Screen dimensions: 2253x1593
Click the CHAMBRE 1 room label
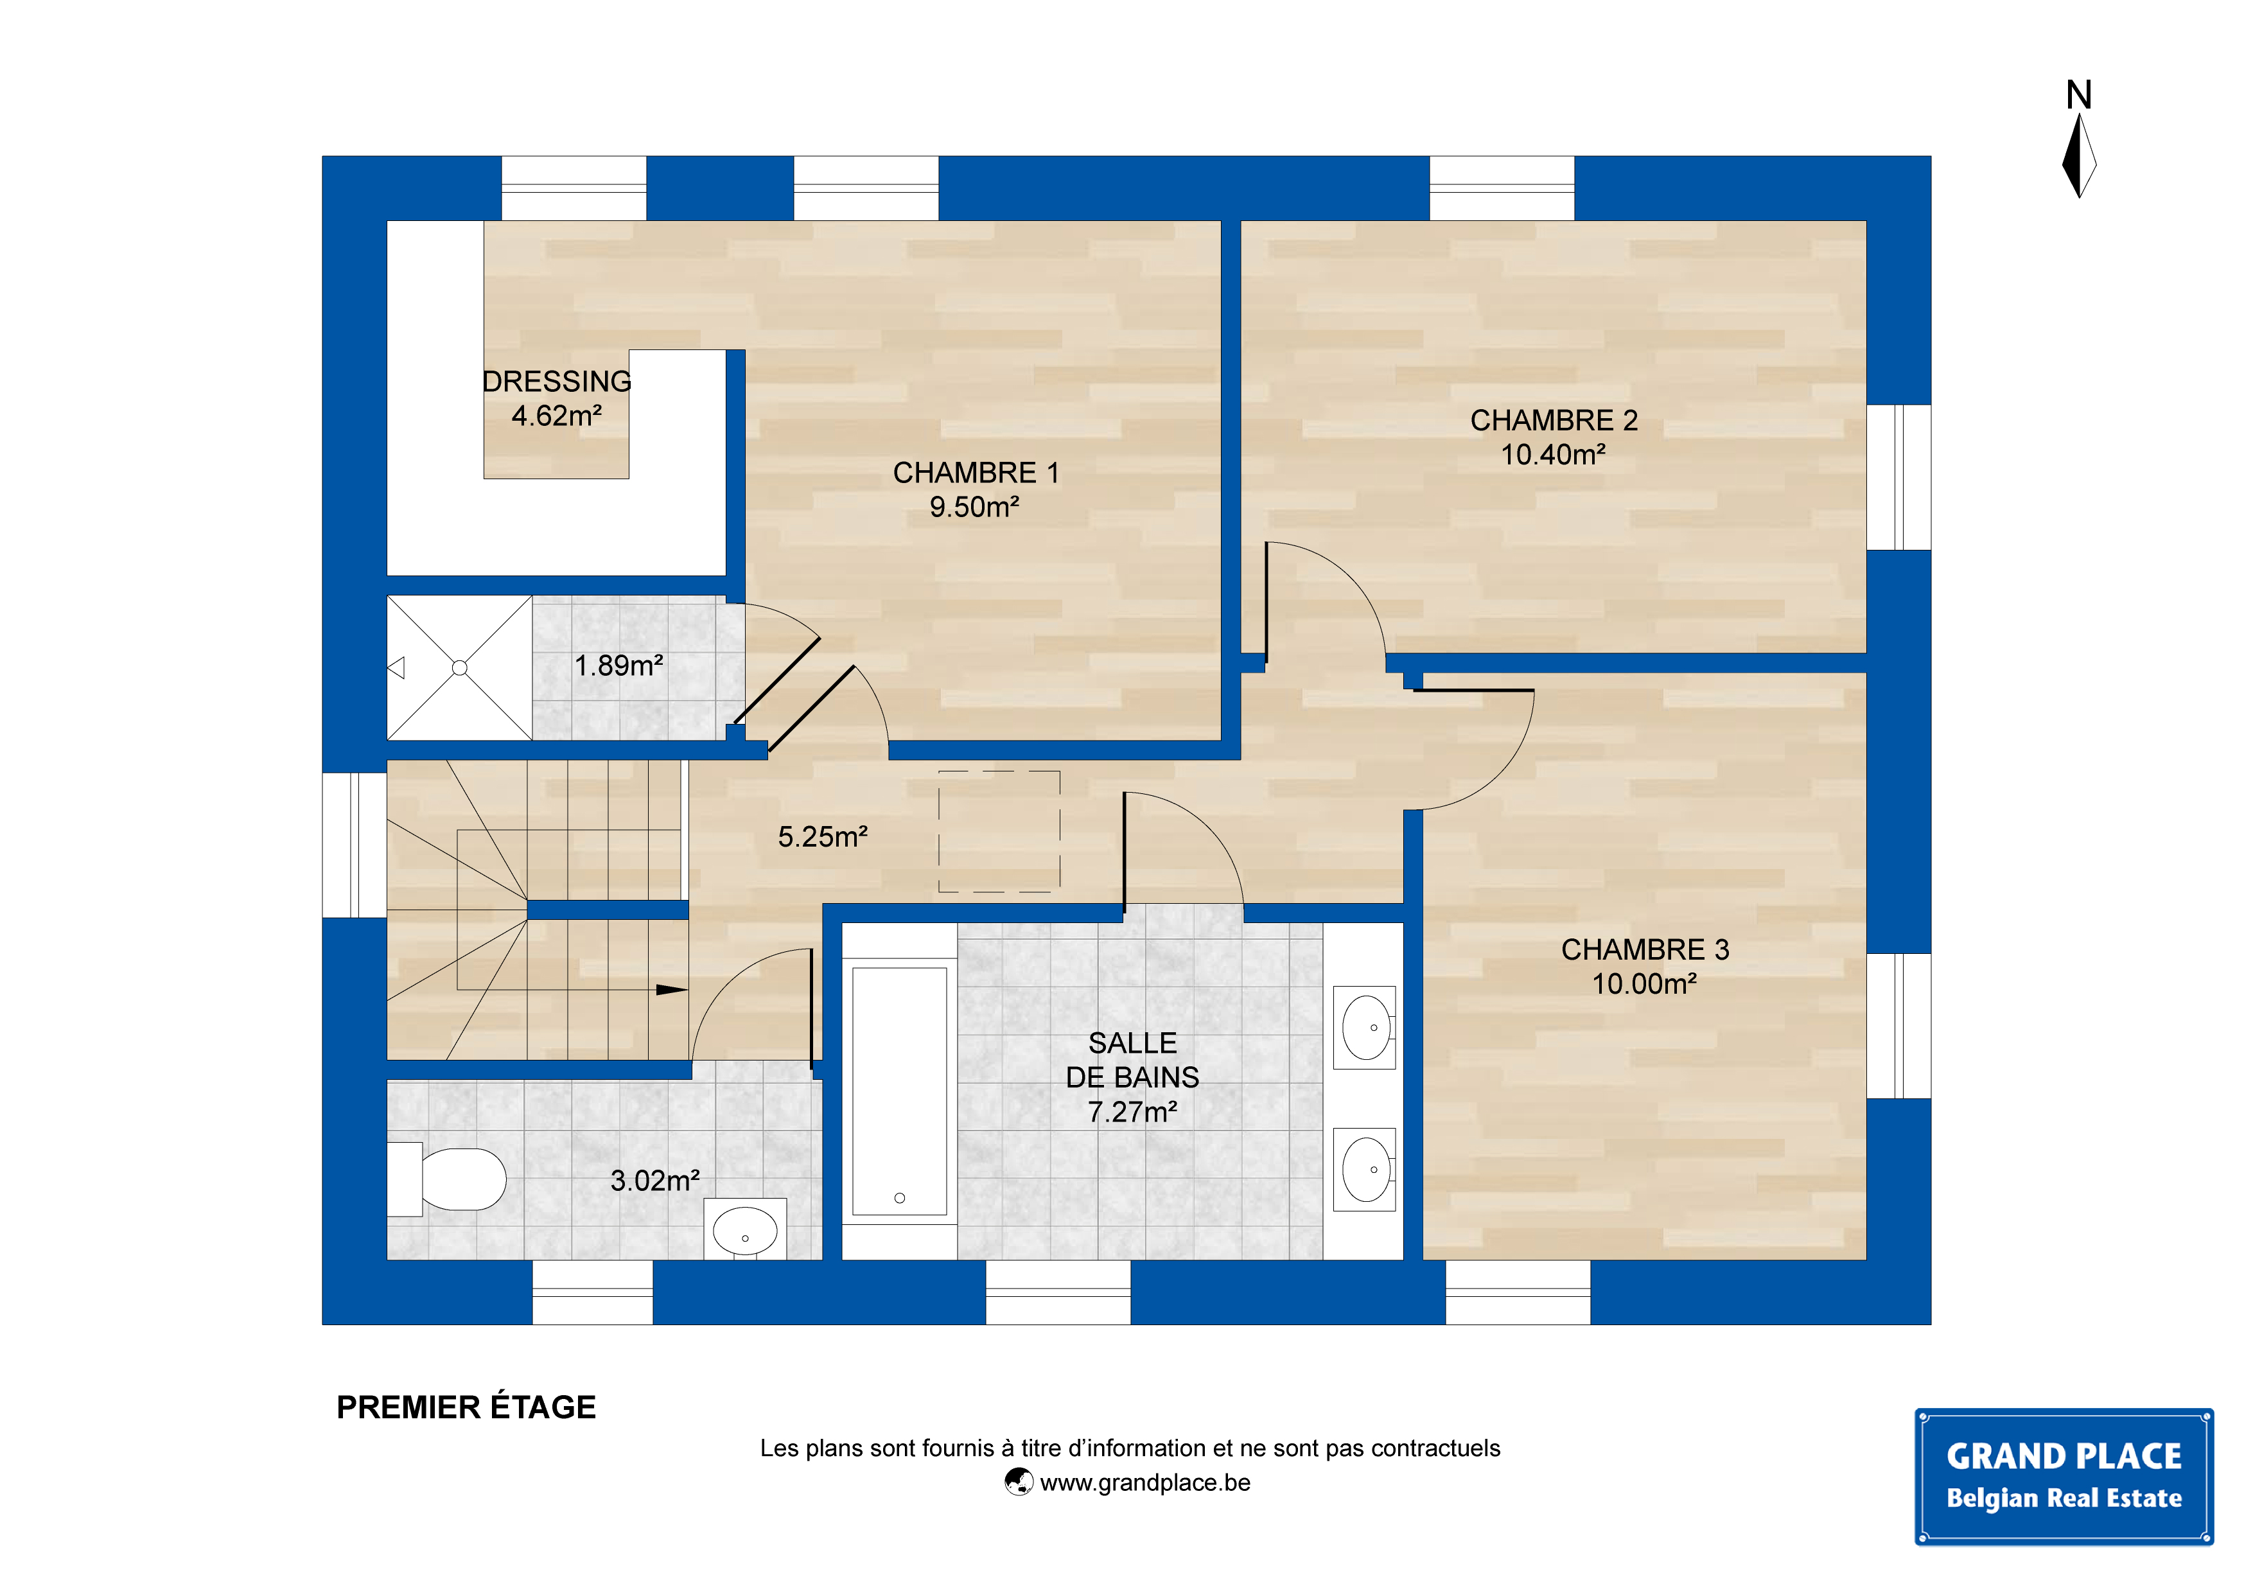tap(976, 473)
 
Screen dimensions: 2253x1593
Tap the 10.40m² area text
tap(1554, 454)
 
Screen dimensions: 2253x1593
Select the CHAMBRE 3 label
tap(1645, 949)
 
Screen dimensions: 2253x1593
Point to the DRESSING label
tap(556, 381)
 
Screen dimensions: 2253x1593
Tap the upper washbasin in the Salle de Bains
tap(1365, 1028)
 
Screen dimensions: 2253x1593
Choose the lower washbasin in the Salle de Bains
tap(1365, 1169)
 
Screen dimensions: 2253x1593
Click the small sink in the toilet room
tap(745, 1229)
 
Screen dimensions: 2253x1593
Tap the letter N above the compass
tap(2078, 95)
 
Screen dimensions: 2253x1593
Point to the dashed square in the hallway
tap(999, 831)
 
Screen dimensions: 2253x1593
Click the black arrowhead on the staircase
tap(671, 989)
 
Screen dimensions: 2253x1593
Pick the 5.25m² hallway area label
tap(822, 836)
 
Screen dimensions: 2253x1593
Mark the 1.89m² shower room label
tap(618, 665)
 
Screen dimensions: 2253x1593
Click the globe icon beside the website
tap(1019, 1481)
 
